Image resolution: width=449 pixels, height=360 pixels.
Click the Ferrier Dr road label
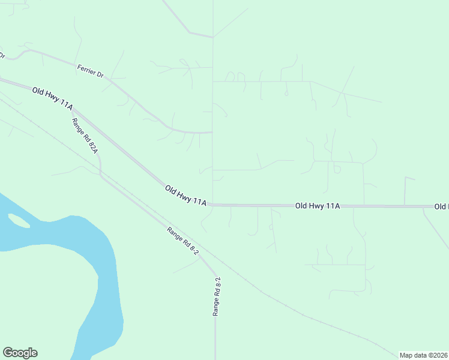tap(91, 70)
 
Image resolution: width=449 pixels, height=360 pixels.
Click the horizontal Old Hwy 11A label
tap(318, 206)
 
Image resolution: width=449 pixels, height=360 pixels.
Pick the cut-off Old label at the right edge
tap(441, 206)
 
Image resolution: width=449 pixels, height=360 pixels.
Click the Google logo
tap(20, 353)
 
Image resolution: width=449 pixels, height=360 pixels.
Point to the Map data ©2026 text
tap(424, 355)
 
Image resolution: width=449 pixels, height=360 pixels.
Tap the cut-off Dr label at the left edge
tap(2, 55)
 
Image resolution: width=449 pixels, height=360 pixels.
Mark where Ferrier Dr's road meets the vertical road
tap(212, 133)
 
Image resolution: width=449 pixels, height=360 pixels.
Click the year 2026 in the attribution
tap(440, 355)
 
